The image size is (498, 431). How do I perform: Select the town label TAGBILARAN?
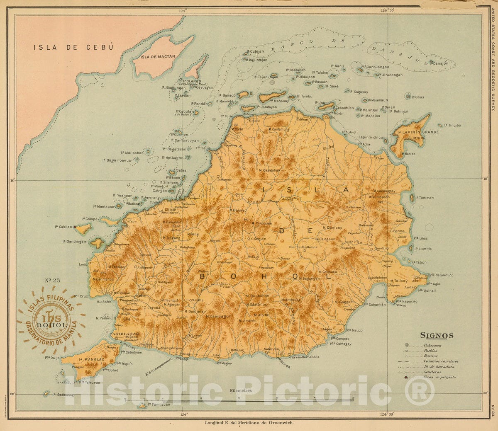[x=124, y=333]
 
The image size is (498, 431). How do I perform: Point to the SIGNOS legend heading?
[x=437, y=336]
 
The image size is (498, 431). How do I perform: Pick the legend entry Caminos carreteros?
[x=441, y=361]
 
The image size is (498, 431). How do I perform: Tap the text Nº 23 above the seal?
[x=52, y=281]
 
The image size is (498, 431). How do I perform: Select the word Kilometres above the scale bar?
[x=240, y=391]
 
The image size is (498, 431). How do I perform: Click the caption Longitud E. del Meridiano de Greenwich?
[x=249, y=423]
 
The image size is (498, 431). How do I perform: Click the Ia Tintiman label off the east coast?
[x=424, y=198]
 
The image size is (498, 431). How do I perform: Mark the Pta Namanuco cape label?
[x=442, y=275]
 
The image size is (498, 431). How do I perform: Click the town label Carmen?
[x=259, y=239]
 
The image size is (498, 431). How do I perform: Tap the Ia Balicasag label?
[x=63, y=395]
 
